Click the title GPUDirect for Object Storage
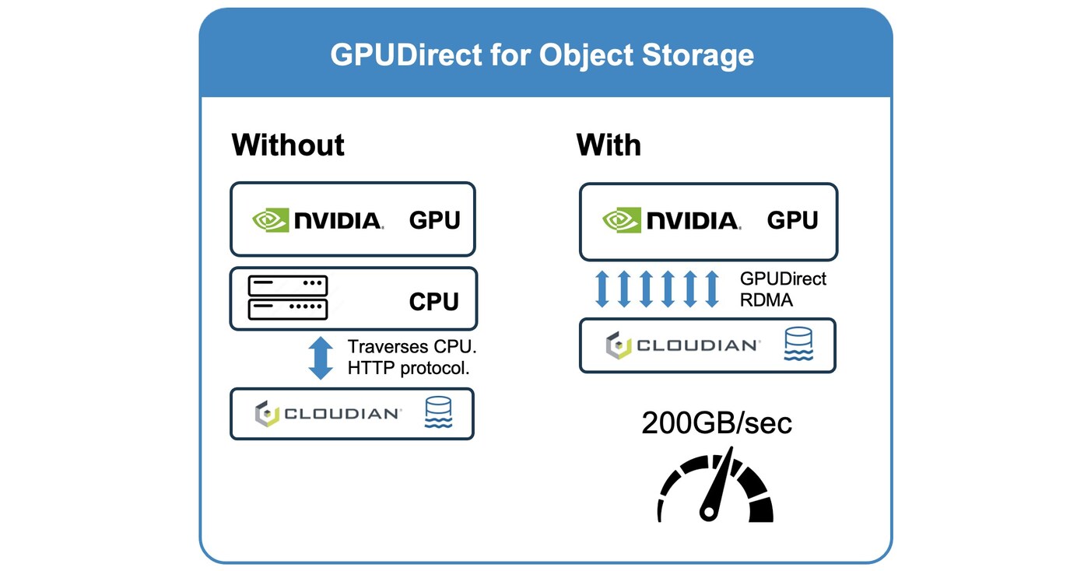click(x=542, y=55)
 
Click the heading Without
click(x=288, y=145)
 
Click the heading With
click(x=609, y=145)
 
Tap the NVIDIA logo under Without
click(x=317, y=220)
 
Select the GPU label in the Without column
click(x=434, y=220)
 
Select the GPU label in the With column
click(x=792, y=221)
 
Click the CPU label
click(x=434, y=301)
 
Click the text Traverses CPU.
click(x=412, y=347)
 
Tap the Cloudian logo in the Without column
click(x=328, y=414)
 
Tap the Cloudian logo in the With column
click(x=682, y=345)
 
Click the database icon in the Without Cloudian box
click(x=438, y=413)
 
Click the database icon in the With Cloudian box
click(x=798, y=344)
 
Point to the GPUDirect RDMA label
click(x=783, y=289)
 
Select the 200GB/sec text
click(x=717, y=423)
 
